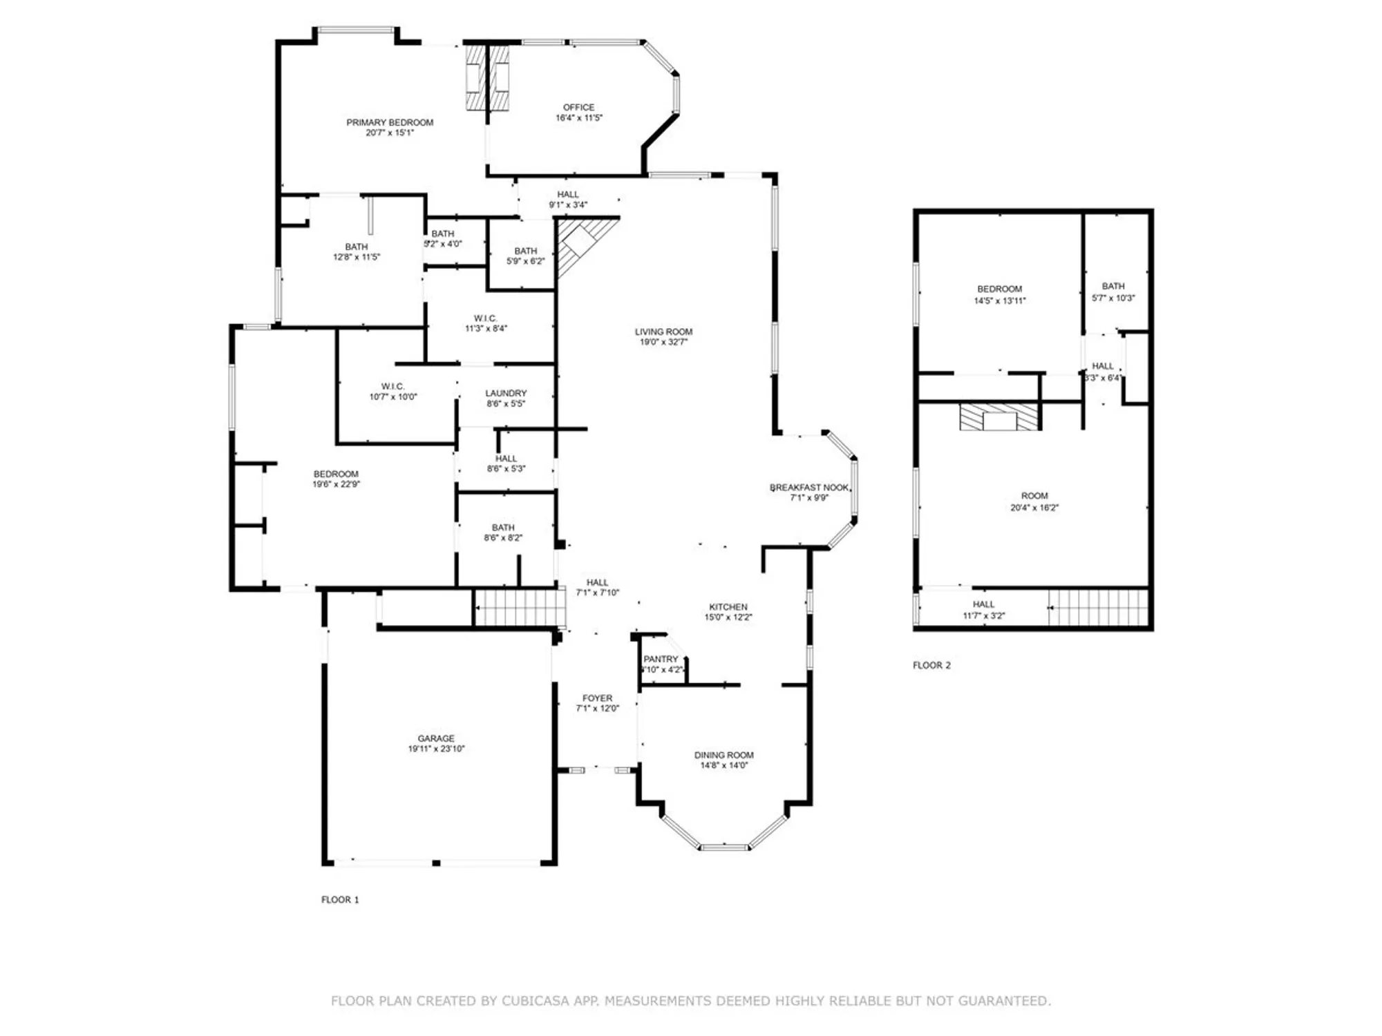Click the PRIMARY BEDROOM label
point(390,123)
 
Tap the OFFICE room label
point(578,108)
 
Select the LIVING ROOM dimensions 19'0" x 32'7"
point(663,342)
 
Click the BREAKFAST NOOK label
point(809,488)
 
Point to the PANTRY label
point(661,660)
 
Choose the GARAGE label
point(436,738)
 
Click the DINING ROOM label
point(723,756)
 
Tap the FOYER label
point(597,698)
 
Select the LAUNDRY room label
point(506,393)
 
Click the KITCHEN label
point(728,607)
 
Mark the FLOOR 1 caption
point(340,900)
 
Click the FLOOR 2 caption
point(931,666)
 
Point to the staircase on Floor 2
point(1099,607)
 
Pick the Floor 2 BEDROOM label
point(999,289)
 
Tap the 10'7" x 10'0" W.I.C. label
point(392,392)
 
